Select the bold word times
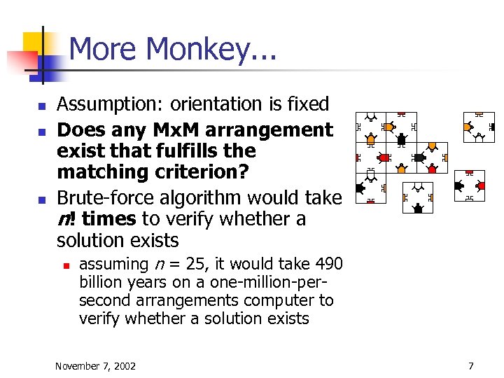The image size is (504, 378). click(x=108, y=219)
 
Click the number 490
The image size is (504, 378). click(x=329, y=264)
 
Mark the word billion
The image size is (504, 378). click(x=101, y=282)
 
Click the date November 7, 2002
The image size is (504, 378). click(x=95, y=365)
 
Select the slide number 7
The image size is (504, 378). click(x=471, y=365)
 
